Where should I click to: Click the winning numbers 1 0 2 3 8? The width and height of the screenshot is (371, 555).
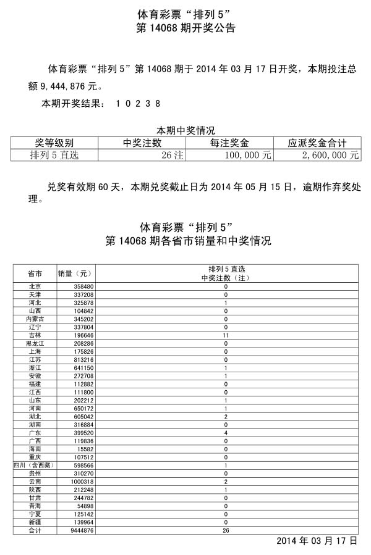(x=138, y=104)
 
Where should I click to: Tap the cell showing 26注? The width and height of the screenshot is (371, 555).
(x=173, y=156)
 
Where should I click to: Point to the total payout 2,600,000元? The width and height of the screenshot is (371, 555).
(x=330, y=156)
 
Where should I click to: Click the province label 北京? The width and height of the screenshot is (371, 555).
(x=35, y=287)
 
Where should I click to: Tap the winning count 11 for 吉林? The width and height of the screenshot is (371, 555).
(x=226, y=335)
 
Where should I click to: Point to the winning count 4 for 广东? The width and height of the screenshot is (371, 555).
(x=226, y=432)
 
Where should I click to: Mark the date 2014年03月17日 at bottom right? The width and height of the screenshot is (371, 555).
(x=317, y=541)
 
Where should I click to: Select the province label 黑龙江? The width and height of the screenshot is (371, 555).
(x=35, y=343)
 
